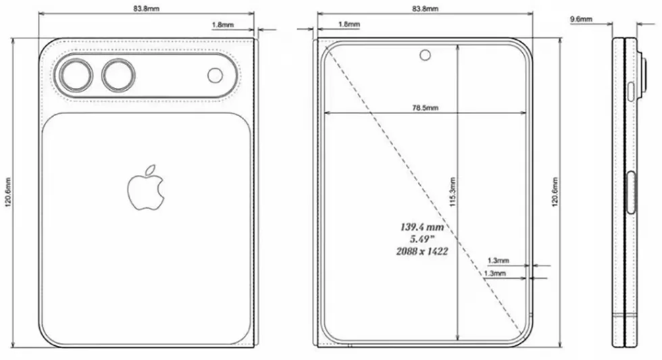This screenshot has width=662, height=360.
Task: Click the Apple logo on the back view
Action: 145,186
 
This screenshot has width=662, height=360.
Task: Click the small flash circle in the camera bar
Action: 215,75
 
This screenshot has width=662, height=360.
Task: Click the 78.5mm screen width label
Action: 425,107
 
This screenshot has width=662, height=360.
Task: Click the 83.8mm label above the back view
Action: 146,8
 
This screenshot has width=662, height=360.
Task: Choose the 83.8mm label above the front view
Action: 425,8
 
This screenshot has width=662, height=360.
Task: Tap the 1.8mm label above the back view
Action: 223,24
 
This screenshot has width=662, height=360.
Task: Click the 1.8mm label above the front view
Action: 349,24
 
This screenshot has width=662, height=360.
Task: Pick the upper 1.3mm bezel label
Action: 498,260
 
